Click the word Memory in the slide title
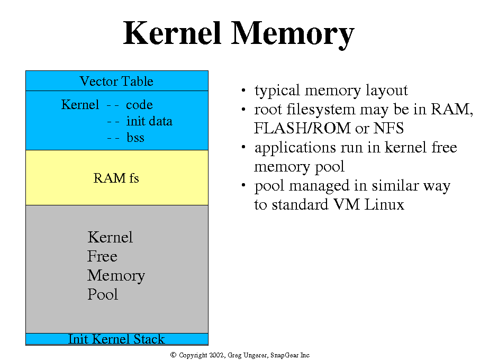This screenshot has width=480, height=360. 293,34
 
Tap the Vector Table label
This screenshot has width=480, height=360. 116,82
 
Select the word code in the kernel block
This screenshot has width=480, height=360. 139,105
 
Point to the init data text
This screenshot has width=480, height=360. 149,121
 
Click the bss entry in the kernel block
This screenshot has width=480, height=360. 135,138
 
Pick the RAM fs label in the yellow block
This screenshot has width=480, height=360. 116,178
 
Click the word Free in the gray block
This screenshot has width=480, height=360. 102,257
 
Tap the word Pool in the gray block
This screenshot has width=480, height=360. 103,295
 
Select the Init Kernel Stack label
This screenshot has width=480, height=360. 116,339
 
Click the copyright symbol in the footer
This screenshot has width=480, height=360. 173,355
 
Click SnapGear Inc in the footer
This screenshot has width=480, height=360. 291,355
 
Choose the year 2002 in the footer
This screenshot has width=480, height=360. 216,355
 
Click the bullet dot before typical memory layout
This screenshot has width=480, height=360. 243,91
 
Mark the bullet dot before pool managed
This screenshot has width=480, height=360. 243,186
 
